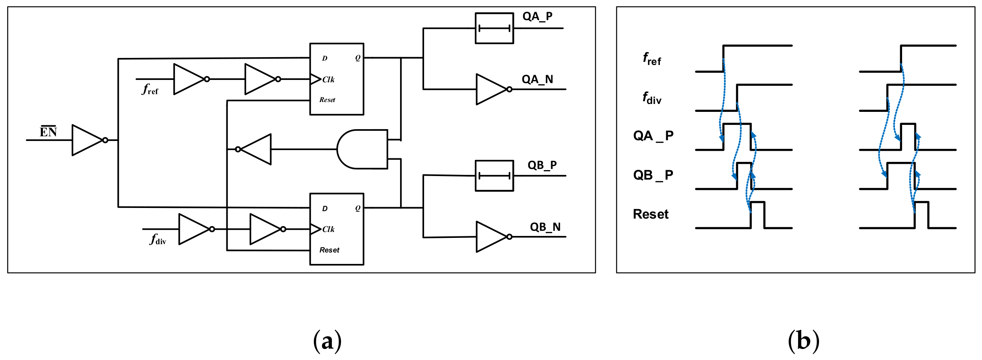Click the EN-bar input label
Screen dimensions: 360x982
pyautogui.click(x=48, y=132)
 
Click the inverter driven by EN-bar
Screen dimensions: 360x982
pyautogui.click(x=88, y=140)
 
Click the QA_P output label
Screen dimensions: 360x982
pyautogui.click(x=537, y=17)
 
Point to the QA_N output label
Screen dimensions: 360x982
pyautogui.click(x=537, y=80)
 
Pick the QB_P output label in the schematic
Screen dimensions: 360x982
pyautogui.click(x=542, y=165)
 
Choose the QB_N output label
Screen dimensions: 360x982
pyautogui.click(x=545, y=227)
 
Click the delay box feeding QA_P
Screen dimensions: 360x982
pyautogui.click(x=494, y=28)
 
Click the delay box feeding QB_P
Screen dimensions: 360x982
pyautogui.click(x=494, y=176)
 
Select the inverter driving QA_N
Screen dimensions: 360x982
pyautogui.click(x=492, y=89)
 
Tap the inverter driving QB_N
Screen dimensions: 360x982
pyautogui.click(x=492, y=237)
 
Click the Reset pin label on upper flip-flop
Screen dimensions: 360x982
pyautogui.click(x=327, y=100)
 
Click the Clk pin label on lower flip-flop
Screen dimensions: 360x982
pyautogui.click(x=328, y=229)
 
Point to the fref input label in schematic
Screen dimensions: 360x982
pyautogui.click(x=150, y=89)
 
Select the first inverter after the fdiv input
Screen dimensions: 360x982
pyautogui.click(x=195, y=229)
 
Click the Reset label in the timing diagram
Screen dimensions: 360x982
pyautogui.click(x=650, y=214)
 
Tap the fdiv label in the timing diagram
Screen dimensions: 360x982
pyautogui.click(x=652, y=98)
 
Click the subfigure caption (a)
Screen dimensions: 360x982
pyautogui.click(x=327, y=341)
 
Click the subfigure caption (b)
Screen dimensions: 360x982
pyautogui.click(x=803, y=341)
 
